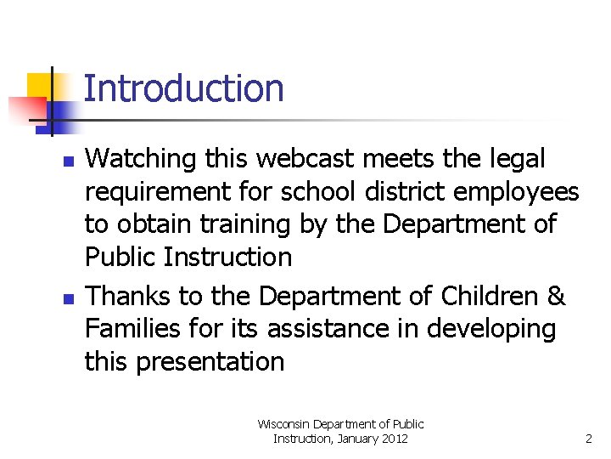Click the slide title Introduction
tap(183, 88)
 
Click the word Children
tap(487, 297)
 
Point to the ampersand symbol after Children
tap(557, 297)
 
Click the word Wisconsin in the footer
tap(284, 423)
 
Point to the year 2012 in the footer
tap(392, 439)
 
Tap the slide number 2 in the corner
tap(588, 439)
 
